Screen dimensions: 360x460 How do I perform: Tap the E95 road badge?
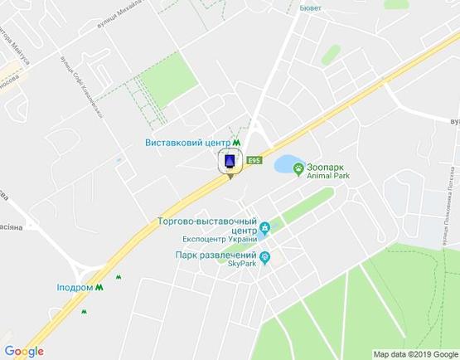click(254, 160)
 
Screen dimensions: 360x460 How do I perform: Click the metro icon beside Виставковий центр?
click(238, 141)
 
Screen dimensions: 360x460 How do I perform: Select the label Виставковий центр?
click(186, 141)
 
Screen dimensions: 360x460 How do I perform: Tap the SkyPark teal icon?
click(265, 258)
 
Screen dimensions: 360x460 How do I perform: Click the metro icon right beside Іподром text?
click(99, 287)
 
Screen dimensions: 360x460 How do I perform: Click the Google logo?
click(23, 351)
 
